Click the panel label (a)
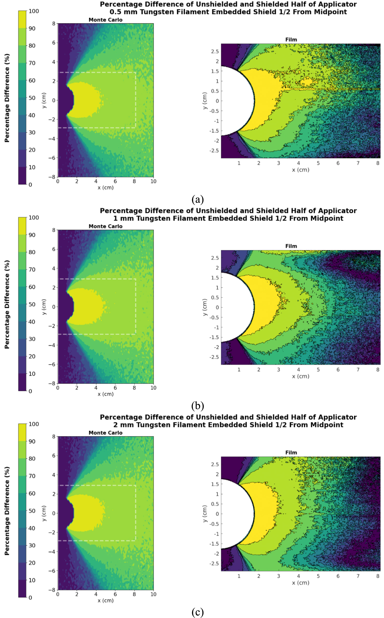[197, 200]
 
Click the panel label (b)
[197, 406]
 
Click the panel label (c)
[197, 612]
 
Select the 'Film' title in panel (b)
[291, 246]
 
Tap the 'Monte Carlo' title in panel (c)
[105, 433]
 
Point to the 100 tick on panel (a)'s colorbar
[34, 11]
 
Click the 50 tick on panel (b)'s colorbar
[32, 304]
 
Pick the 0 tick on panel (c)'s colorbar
[30, 597]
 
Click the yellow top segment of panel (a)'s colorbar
[22, 19]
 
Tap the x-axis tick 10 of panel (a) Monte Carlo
[153, 181]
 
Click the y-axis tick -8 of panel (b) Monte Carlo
[52, 383]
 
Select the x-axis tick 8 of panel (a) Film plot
[378, 163]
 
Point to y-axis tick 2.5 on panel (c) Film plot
[215, 464]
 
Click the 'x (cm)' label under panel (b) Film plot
[301, 376]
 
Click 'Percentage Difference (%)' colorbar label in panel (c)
[7, 511]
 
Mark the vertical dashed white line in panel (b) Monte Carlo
[136, 306]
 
